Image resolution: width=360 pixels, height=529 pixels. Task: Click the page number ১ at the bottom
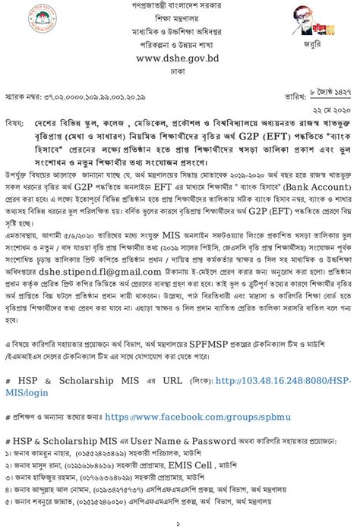tap(178, 523)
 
